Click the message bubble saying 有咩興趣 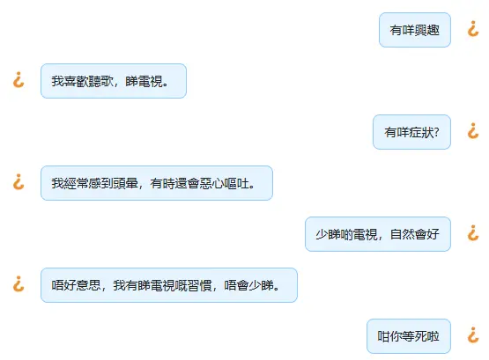pyautogui.click(x=415, y=30)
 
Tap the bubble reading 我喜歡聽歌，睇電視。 pyautogui.click(x=114, y=81)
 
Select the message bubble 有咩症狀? pyautogui.click(x=411, y=132)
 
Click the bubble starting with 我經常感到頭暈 pyautogui.click(x=157, y=183)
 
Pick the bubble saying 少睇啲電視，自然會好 pyautogui.click(x=378, y=234)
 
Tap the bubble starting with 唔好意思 pyautogui.click(x=169, y=285)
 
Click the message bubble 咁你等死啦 pyautogui.click(x=409, y=336)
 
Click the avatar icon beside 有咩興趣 pyautogui.click(x=473, y=29)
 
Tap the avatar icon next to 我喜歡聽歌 pyautogui.click(x=19, y=80)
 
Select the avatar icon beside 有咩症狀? pyautogui.click(x=473, y=131)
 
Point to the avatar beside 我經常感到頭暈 pyautogui.click(x=19, y=182)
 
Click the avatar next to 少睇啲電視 pyautogui.click(x=473, y=233)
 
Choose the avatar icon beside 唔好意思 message pyautogui.click(x=19, y=283)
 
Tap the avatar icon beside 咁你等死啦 pyautogui.click(x=473, y=334)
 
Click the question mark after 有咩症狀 pyautogui.click(x=437, y=132)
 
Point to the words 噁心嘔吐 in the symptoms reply pyautogui.click(x=224, y=183)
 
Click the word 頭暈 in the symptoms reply pyautogui.click(x=126, y=183)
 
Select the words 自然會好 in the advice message pyautogui.click(x=415, y=234)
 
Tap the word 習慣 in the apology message pyautogui.click(x=200, y=285)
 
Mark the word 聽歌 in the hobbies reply pyautogui.click(x=101, y=81)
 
